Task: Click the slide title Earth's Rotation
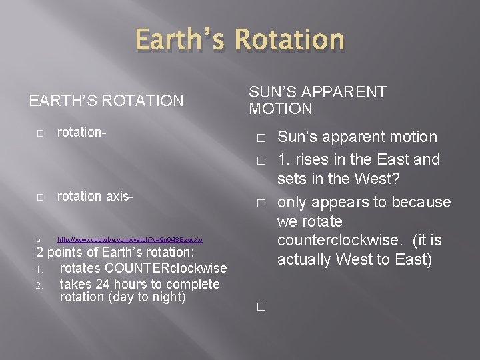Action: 241,41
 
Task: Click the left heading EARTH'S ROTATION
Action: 106,101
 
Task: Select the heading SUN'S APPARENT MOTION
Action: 317,100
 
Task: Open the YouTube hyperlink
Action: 130,239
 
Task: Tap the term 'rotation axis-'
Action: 96,197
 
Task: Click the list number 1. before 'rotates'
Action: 40,269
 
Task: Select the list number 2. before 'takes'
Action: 40,285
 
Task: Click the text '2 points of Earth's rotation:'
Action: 115,253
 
